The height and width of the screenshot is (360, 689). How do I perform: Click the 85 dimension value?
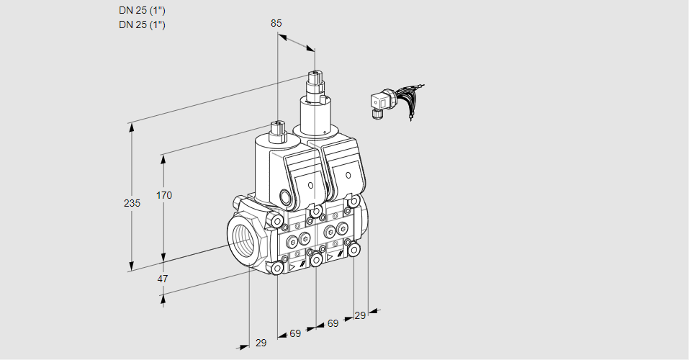click(x=276, y=23)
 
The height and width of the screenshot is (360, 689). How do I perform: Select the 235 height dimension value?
click(x=132, y=204)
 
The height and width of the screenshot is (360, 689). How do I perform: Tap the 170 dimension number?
click(x=165, y=195)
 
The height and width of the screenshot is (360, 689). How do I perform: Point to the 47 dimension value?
click(x=163, y=279)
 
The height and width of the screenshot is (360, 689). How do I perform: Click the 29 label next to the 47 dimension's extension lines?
click(x=261, y=343)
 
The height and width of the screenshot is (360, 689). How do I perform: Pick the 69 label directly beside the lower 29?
click(x=295, y=333)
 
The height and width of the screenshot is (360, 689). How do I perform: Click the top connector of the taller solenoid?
click(x=315, y=78)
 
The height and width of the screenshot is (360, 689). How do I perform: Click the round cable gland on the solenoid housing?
click(x=287, y=197)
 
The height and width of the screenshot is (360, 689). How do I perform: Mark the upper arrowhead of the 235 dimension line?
click(x=131, y=127)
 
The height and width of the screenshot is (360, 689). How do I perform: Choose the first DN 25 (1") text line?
click(x=142, y=11)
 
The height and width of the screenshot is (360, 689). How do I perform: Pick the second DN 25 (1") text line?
click(x=142, y=25)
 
